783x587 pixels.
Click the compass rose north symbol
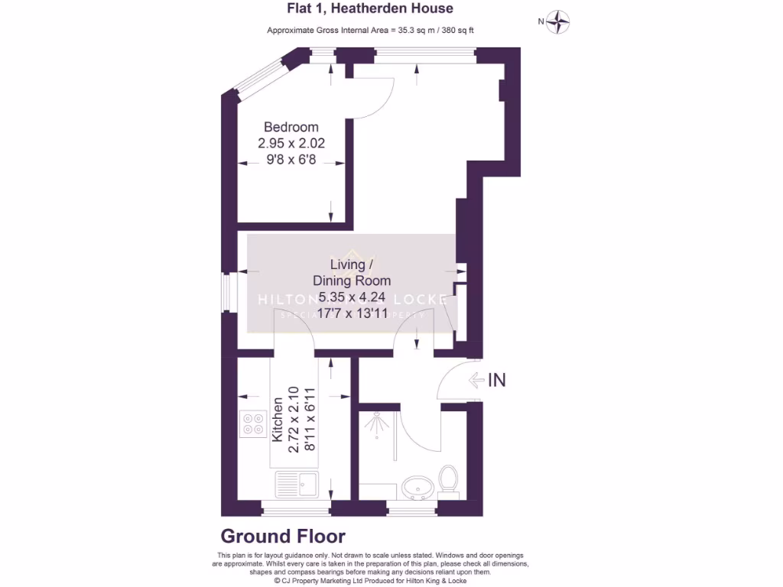[x=560, y=21]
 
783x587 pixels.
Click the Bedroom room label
[x=291, y=127]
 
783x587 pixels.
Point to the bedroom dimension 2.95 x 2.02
[x=297, y=143]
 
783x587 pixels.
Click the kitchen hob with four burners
[x=253, y=423]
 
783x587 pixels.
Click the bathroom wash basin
[x=417, y=486]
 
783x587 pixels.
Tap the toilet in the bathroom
[x=449, y=482]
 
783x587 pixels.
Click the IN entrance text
[x=497, y=380]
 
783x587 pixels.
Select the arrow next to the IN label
[x=476, y=380]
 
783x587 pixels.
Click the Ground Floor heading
[x=283, y=537]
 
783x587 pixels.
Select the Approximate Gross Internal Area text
[x=375, y=31]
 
